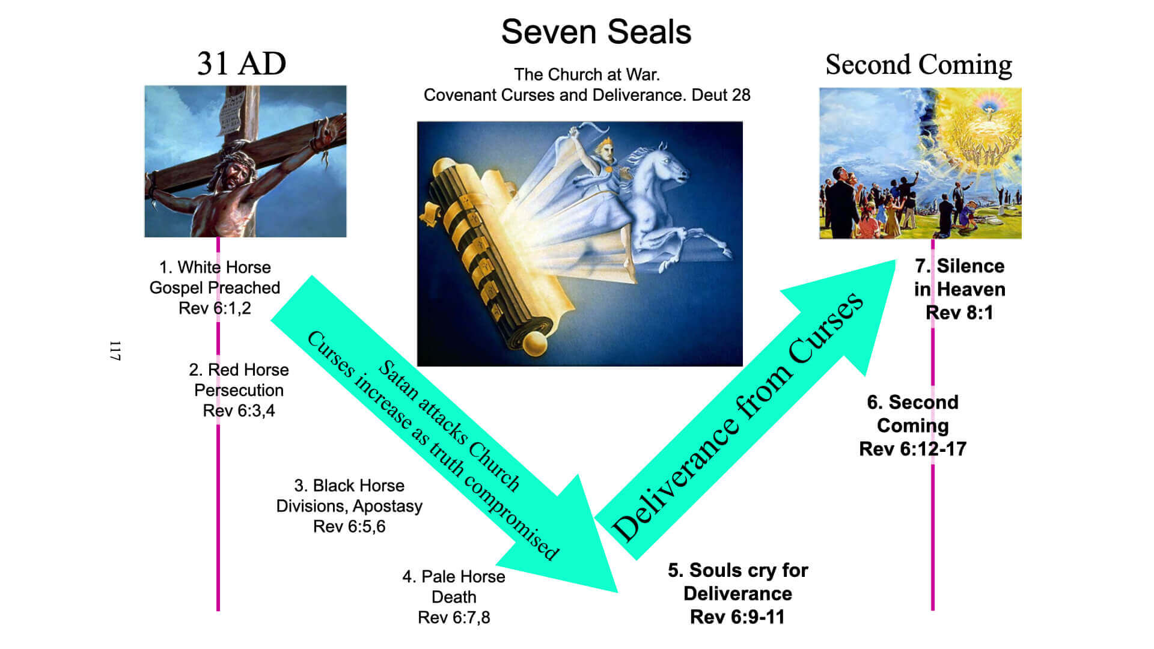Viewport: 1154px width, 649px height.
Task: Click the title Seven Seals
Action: tap(596, 32)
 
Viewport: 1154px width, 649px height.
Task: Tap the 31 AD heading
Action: tap(242, 64)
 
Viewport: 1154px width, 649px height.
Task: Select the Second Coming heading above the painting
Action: tap(918, 65)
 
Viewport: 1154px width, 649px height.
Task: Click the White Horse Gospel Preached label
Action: tap(215, 288)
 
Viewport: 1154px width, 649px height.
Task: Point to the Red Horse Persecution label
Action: tap(239, 390)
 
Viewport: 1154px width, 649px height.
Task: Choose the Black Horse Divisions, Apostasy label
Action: tap(349, 506)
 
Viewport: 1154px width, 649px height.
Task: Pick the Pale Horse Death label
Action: tap(454, 597)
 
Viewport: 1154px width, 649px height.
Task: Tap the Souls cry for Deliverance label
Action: tap(737, 593)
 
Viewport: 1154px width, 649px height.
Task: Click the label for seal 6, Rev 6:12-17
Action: tap(912, 425)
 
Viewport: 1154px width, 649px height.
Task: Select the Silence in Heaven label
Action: tap(959, 289)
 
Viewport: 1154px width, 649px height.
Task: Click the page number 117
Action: tap(115, 351)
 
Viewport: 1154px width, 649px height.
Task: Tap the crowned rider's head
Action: tap(603, 150)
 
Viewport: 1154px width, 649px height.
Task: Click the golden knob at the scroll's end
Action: tap(534, 344)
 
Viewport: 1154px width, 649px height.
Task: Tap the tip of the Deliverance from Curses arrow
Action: tap(896, 260)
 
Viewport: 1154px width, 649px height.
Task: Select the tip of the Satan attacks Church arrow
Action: tap(617, 592)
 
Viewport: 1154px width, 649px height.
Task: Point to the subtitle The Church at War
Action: tap(587, 75)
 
